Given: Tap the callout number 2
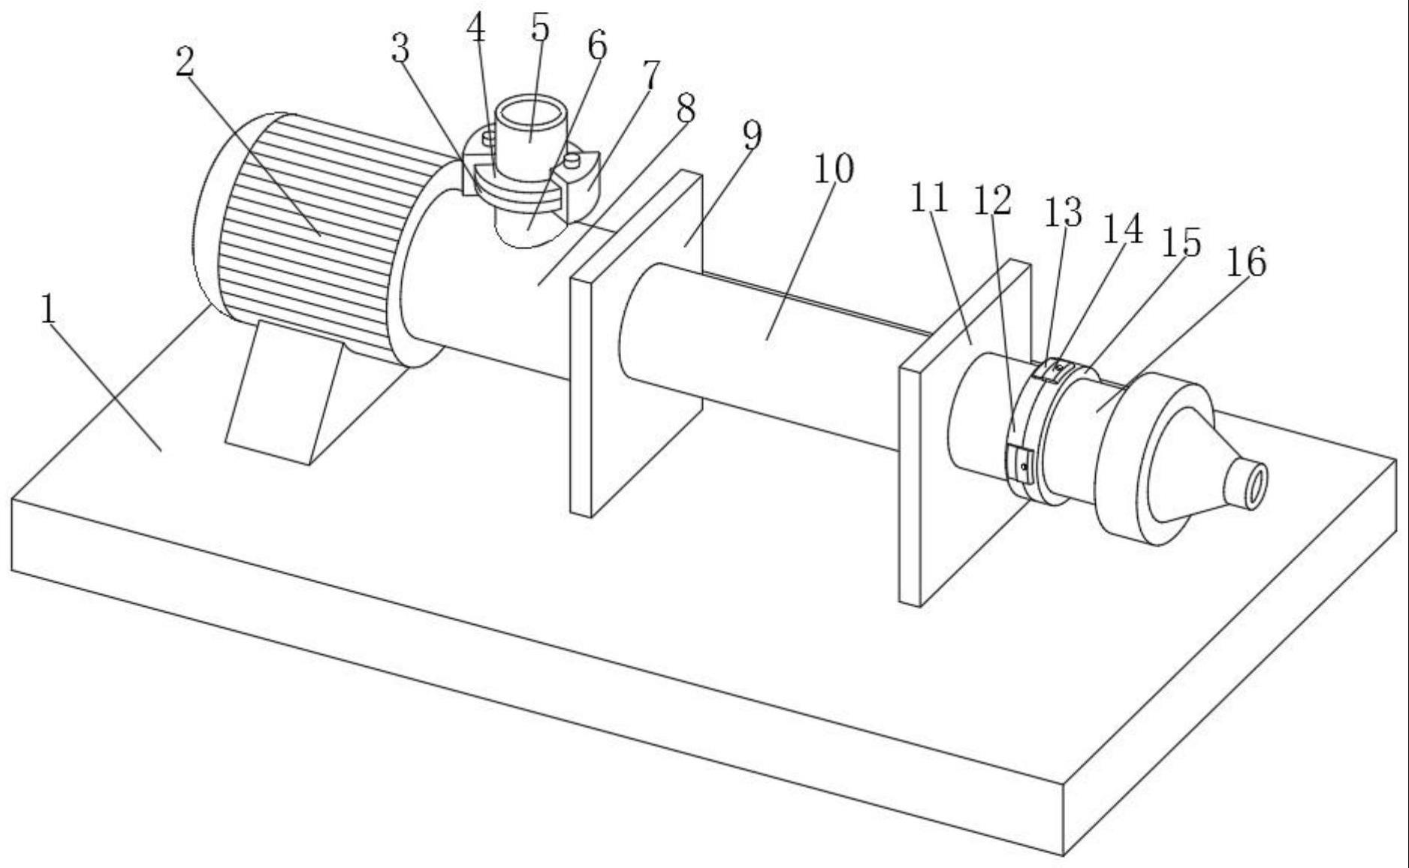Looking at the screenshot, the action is click(x=185, y=62).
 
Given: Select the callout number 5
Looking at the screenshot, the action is click(x=539, y=28).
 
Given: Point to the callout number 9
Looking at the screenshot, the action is click(x=751, y=135).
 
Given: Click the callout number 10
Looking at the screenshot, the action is click(x=834, y=169).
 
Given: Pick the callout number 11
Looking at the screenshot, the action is click(x=929, y=198).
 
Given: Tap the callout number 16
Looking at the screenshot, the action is click(x=1246, y=262).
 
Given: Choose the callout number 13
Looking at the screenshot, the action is click(x=1064, y=212).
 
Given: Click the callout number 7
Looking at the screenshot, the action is click(x=650, y=75).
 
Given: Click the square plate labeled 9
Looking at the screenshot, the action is click(x=637, y=345).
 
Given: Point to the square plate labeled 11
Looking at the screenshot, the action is click(x=965, y=432).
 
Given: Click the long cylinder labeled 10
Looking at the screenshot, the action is click(x=766, y=353).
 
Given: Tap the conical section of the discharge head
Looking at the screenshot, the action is click(x=1187, y=466).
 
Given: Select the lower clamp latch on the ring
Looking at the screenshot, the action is click(x=1019, y=462).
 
